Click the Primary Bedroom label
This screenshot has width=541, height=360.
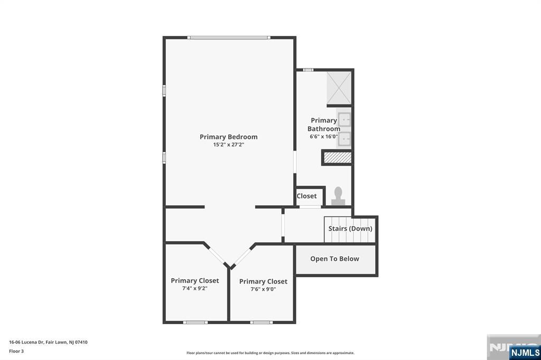click(x=228, y=137)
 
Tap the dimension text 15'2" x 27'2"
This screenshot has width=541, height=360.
click(x=228, y=145)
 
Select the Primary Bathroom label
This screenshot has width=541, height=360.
click(x=324, y=125)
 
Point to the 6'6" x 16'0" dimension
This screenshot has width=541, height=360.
click(x=323, y=137)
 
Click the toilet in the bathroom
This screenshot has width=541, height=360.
click(x=337, y=196)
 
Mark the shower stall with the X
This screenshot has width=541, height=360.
click(x=339, y=88)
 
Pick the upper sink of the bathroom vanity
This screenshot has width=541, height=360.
click(x=344, y=120)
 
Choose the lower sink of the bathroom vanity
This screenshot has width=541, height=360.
click(x=344, y=138)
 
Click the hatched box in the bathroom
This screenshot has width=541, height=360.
click(x=337, y=157)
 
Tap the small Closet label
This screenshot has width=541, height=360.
click(x=306, y=196)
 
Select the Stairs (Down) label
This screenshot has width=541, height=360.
click(x=350, y=229)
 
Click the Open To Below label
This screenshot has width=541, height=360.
click(x=334, y=259)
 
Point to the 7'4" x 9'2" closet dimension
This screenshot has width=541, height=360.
click(x=194, y=289)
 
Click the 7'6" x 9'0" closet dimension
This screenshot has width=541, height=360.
click(x=263, y=289)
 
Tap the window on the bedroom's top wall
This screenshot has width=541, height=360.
click(x=229, y=37)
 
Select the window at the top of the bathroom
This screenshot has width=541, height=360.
click(x=308, y=70)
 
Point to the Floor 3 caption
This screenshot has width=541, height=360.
click(x=16, y=351)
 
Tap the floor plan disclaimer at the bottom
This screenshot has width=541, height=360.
click(x=270, y=353)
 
